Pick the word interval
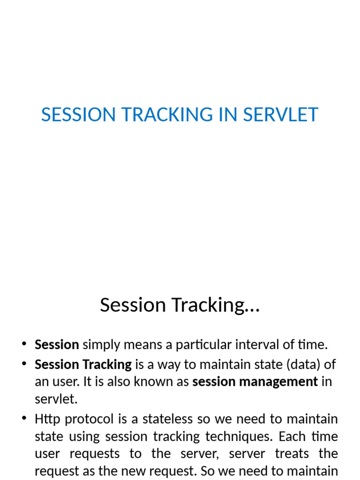(x=250, y=345)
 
